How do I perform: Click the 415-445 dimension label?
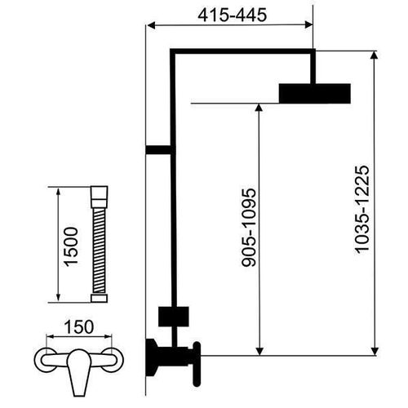coord(232,16)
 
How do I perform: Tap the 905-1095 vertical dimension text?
coord(249,227)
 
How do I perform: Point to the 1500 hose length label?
coord(70,246)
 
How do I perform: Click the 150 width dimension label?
coord(79,327)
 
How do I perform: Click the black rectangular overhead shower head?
coord(315,94)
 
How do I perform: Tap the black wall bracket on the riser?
coord(159,150)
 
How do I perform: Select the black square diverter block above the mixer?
coord(174,317)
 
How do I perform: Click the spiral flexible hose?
coord(99,251)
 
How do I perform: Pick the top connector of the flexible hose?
coord(100,197)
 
